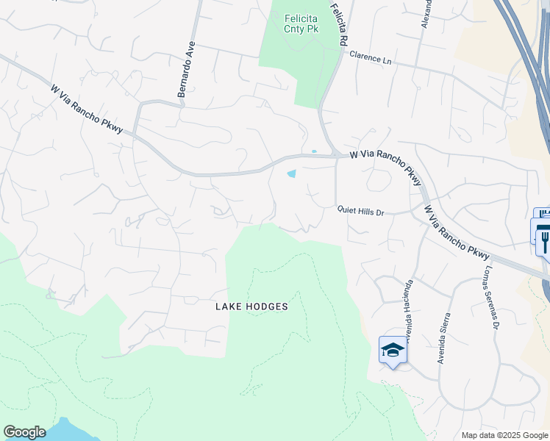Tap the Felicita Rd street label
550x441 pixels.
coord(339,24)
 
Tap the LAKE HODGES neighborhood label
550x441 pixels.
coord(251,306)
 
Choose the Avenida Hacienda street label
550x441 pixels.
coord(409,305)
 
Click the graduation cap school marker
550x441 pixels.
coord(393,350)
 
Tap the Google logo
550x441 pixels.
coord(24,432)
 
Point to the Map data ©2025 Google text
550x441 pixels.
coord(504,435)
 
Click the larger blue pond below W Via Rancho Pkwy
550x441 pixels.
coord(292,174)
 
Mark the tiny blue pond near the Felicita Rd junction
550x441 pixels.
coord(314,152)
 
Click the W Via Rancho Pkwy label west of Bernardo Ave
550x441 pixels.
coord(92,110)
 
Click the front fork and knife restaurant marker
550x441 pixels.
coord(544,238)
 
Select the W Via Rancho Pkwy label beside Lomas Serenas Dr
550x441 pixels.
coord(457,232)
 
